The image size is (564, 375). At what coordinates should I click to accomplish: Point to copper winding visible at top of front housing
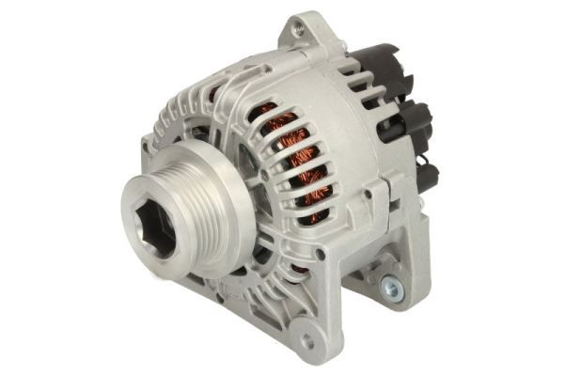[218, 95]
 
